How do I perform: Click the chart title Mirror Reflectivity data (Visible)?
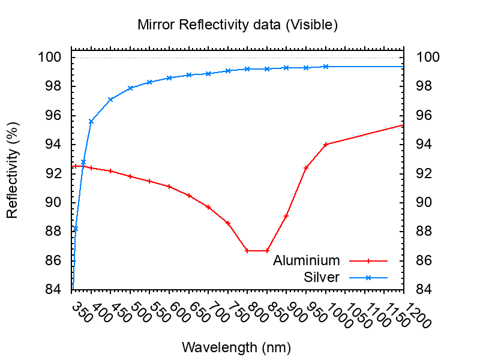238,25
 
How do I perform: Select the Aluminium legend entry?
306,260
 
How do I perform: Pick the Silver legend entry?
322,277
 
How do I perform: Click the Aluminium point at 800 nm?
247,250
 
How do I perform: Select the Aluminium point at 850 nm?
267,250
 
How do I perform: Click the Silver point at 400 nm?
91,121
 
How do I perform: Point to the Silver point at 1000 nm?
326,67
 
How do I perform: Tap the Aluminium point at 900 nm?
286,215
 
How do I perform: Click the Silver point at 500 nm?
130,88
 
